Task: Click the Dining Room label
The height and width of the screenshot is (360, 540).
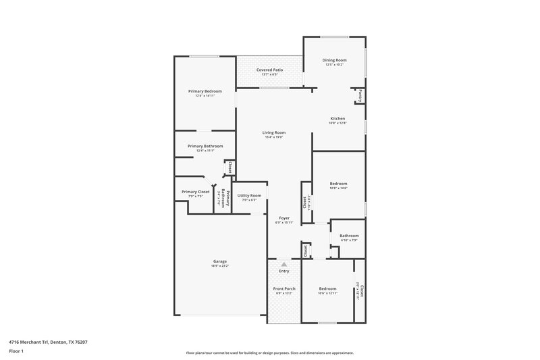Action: [x=335, y=60]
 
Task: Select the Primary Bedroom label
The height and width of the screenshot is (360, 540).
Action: [x=205, y=91]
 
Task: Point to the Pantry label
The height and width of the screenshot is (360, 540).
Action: [x=361, y=95]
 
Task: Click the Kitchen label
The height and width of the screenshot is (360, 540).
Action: [x=337, y=118]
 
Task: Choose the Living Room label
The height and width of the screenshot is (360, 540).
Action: [x=274, y=132]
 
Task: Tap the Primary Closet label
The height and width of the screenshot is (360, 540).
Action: [x=196, y=192]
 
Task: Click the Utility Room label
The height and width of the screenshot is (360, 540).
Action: [x=249, y=195]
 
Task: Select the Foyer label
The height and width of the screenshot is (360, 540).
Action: [x=285, y=217]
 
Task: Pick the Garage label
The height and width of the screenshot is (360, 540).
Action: [x=220, y=261]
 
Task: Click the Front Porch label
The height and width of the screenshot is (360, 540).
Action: [x=284, y=288]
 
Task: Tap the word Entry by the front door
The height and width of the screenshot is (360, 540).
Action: [x=284, y=271]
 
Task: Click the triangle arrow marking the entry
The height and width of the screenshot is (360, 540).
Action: [x=284, y=264]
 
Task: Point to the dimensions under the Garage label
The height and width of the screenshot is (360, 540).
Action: [x=220, y=266]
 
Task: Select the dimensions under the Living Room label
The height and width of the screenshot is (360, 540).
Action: [x=274, y=137]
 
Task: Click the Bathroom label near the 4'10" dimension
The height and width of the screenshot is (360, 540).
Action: [x=349, y=235]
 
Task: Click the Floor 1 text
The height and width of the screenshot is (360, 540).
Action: [x=17, y=351]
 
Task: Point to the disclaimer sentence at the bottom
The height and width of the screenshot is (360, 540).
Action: [x=270, y=353]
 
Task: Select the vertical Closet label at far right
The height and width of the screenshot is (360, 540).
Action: [x=362, y=290]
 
